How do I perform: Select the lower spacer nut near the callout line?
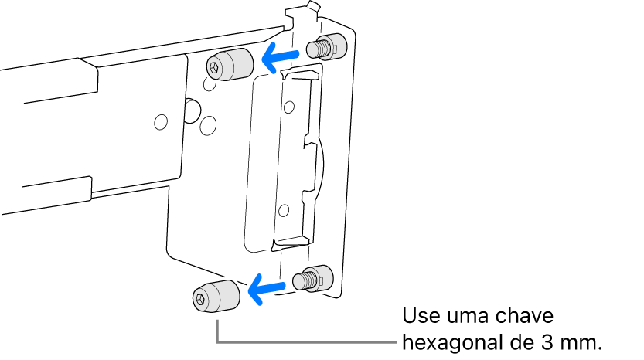tap(215, 296)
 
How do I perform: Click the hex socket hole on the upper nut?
tap(214, 69)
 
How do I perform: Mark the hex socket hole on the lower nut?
tap(199, 298)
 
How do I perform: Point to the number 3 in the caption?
tap(550, 341)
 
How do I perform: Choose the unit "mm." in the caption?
tap(581, 341)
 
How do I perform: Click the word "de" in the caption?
tap(526, 341)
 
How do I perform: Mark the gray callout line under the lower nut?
tap(309, 341)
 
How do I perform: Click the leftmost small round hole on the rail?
tap(160, 122)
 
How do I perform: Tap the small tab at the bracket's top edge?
tap(312, 7)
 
